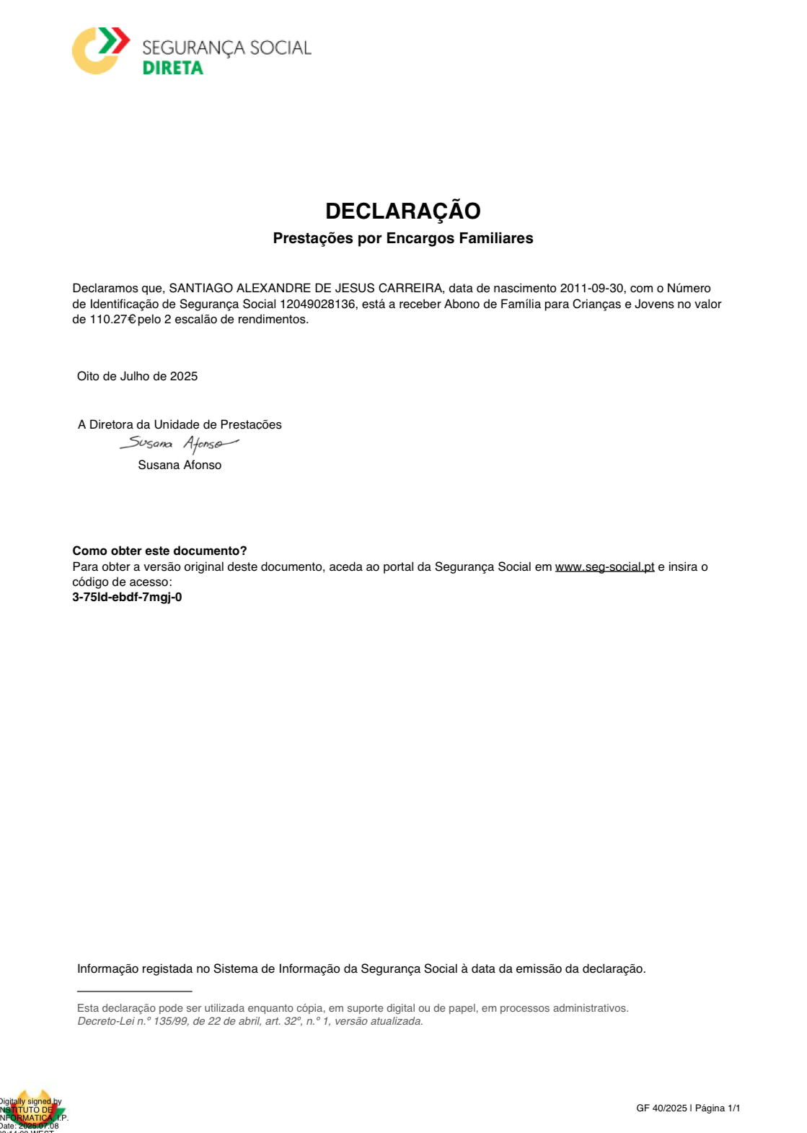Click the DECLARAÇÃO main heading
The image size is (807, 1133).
pos(402,211)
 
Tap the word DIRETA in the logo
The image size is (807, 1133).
pos(173,68)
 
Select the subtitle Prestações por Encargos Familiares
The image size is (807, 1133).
pos(402,238)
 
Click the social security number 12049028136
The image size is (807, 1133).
pos(317,304)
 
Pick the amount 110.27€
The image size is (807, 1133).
pos(113,319)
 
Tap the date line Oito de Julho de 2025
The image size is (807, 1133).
pos(137,376)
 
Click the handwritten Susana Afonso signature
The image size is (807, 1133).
pos(178,442)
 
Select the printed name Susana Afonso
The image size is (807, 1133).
pos(180,465)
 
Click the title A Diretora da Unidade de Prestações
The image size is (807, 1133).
pos(180,424)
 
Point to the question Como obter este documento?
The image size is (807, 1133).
pos(159,551)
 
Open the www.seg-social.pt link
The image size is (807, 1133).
pos(604,566)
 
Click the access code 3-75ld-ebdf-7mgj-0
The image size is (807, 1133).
pos(127,597)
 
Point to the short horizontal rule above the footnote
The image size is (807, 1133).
pos(134,991)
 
